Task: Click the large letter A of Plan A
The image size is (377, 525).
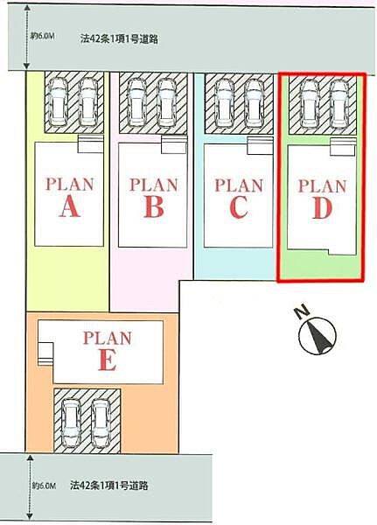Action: pos(70,206)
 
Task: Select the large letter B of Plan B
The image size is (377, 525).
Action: pos(154,206)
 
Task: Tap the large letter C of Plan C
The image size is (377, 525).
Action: pos(239,207)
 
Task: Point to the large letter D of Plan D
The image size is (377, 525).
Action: pos(322,208)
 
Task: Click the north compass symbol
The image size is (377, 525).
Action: pos(318,336)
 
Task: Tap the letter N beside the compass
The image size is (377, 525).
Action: pos(303,311)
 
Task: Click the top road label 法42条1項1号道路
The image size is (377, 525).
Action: pos(119,38)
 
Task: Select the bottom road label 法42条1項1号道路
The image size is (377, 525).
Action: pos(108,485)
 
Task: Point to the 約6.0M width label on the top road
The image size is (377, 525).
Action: pos(43,36)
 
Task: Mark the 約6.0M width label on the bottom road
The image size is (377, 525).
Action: pos(44,485)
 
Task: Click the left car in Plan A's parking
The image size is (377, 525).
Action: pos(58,102)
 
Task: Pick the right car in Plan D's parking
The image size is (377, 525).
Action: pos(340,104)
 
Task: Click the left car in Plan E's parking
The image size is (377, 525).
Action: pos(71,423)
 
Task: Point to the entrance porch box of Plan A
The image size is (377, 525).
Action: pos(90,144)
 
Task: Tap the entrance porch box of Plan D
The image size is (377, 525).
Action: pos(342,147)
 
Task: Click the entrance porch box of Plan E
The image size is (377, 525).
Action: pos(45,353)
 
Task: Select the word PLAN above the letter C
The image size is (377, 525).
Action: pos(239,185)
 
